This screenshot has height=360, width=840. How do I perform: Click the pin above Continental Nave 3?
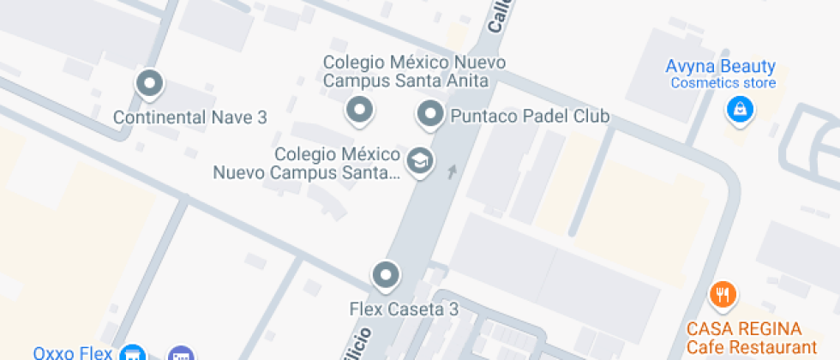click(150, 84)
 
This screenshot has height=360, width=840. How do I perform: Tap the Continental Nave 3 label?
click(190, 118)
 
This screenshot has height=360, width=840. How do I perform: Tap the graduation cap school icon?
click(419, 160)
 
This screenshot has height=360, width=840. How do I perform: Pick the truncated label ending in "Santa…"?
click(306, 172)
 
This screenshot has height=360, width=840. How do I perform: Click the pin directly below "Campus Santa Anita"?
click(358, 110)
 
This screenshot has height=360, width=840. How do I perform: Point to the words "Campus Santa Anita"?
click(406, 81)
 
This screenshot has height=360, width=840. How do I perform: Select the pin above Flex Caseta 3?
click(386, 275)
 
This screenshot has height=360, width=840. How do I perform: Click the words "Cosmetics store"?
click(723, 83)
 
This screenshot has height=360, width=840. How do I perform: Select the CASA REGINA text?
click(745, 329)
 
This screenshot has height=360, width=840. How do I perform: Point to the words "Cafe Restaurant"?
click(752, 347)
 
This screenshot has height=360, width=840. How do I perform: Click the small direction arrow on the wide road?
click(453, 172)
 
